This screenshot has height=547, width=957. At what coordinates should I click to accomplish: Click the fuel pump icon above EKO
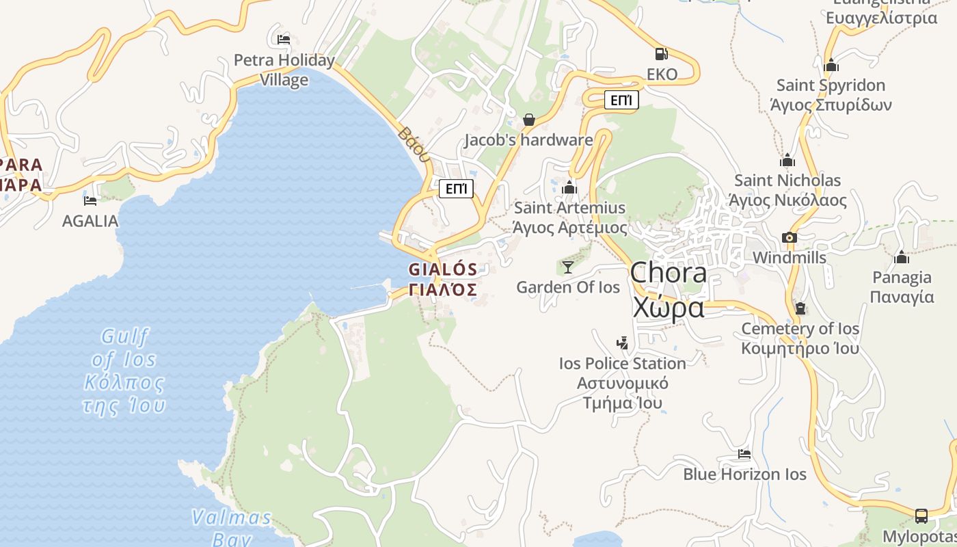661,53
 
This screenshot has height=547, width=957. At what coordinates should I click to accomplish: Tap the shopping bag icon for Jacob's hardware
528,120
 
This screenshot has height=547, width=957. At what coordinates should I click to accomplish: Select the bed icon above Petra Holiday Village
284,39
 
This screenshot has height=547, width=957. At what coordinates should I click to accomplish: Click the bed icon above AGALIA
90,200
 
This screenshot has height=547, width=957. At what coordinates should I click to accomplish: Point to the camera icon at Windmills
790,237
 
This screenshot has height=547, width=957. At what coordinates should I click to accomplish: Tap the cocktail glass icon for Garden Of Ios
568,267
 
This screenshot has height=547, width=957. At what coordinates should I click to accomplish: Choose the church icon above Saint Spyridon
831,65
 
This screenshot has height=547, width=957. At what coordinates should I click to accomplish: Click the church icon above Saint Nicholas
787,160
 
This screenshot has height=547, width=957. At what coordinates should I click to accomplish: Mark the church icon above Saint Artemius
569,187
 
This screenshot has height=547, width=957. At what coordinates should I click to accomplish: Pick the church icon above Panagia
902,257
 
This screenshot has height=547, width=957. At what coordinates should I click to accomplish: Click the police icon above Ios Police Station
622,343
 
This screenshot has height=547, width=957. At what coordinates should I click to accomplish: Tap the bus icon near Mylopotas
921,516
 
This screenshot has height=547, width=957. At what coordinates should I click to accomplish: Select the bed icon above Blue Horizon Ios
744,453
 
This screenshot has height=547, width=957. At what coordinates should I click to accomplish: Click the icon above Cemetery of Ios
800,308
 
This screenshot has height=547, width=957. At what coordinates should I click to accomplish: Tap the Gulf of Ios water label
124,371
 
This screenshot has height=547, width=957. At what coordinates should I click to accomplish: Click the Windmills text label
790,258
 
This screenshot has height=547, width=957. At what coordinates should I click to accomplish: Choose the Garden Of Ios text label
568,287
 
